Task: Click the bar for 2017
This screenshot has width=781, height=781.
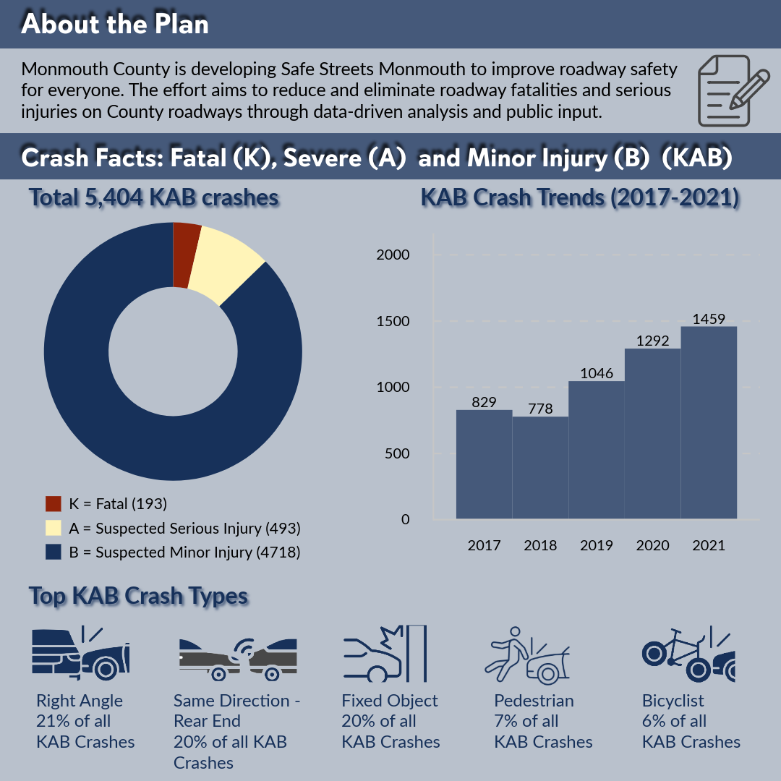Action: [x=484, y=464]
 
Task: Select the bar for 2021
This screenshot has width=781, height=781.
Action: [x=709, y=422]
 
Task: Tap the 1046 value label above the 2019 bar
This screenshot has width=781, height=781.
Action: [x=597, y=373]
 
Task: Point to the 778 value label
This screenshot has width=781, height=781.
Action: [x=540, y=409]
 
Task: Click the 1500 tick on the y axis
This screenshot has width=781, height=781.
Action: [x=394, y=321]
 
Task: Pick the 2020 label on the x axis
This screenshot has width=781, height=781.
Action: [x=652, y=545]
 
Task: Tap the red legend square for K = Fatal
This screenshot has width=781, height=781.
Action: [x=53, y=504]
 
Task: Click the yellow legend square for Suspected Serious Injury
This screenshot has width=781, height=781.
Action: [x=53, y=528]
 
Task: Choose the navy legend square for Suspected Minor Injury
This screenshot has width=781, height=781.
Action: [x=53, y=552]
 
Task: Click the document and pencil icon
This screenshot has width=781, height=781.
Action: [x=732, y=90]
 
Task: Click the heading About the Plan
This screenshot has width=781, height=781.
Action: [x=115, y=24]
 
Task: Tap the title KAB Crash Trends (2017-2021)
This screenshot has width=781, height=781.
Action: [x=580, y=198]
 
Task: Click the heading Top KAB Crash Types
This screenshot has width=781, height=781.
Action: [x=139, y=597]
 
